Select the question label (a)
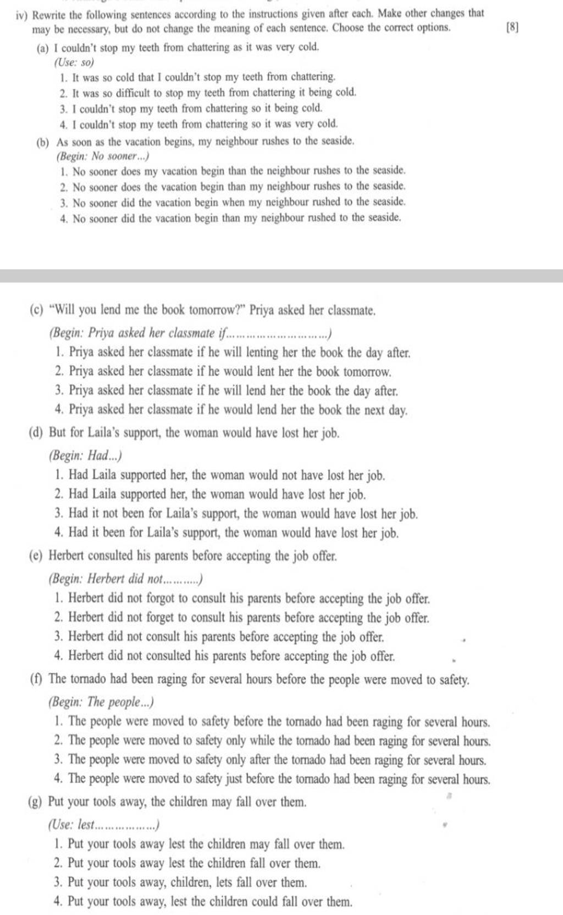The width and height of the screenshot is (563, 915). [41, 48]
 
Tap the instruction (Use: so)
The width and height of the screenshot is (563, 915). [75, 62]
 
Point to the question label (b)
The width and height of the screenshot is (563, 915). [41, 141]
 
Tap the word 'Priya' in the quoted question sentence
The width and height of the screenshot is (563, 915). [262, 311]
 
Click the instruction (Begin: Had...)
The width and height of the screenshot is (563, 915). [85, 456]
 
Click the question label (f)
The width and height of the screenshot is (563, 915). [36, 679]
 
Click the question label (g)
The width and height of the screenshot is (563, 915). [36, 802]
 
